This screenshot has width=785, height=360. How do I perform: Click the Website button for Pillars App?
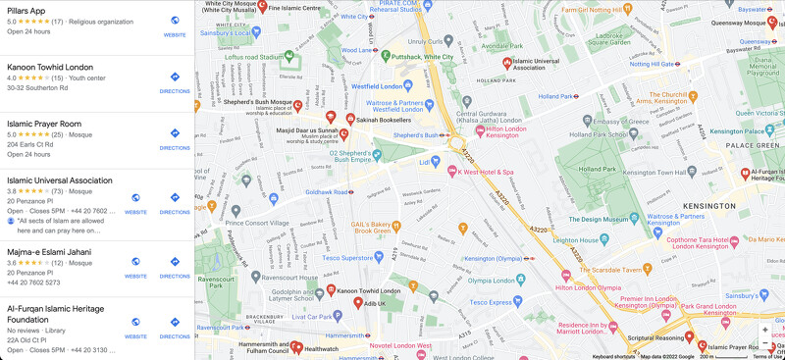click(175, 25)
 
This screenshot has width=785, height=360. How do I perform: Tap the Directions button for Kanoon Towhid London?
click(175, 81)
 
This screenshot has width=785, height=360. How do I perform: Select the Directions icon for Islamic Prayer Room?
click(175, 137)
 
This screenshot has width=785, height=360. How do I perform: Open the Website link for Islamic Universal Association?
click(135, 202)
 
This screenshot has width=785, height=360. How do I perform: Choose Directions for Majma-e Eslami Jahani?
click(175, 266)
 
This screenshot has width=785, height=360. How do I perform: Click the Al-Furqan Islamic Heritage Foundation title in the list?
click(55, 313)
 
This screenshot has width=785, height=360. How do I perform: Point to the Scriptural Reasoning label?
click(654, 338)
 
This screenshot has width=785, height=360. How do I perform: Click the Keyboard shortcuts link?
click(613, 356)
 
